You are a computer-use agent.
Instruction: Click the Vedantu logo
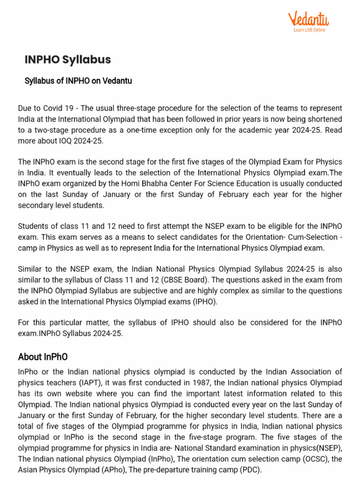pyautogui.click(x=308, y=19)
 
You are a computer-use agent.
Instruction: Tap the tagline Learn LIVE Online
pyautogui.click(x=309, y=30)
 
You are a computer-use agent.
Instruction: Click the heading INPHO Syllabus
pyautogui.click(x=67, y=60)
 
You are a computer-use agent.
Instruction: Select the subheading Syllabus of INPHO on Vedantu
pyautogui.click(x=78, y=81)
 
